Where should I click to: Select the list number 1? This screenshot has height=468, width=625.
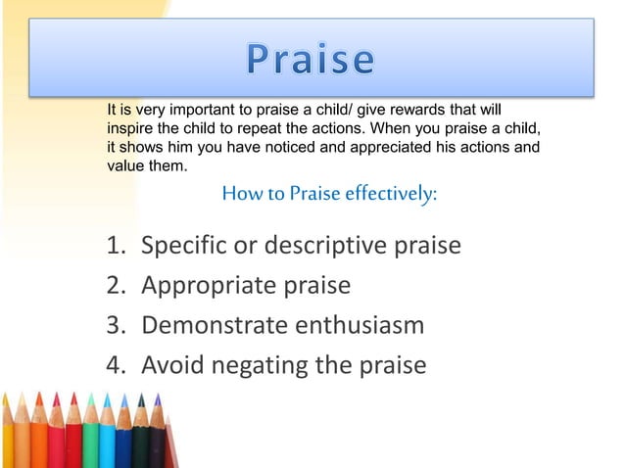[x=116, y=245]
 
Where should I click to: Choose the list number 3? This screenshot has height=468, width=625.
[x=116, y=325]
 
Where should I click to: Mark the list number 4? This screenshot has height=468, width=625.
[x=116, y=365]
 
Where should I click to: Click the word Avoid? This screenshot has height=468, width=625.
[x=169, y=365]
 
